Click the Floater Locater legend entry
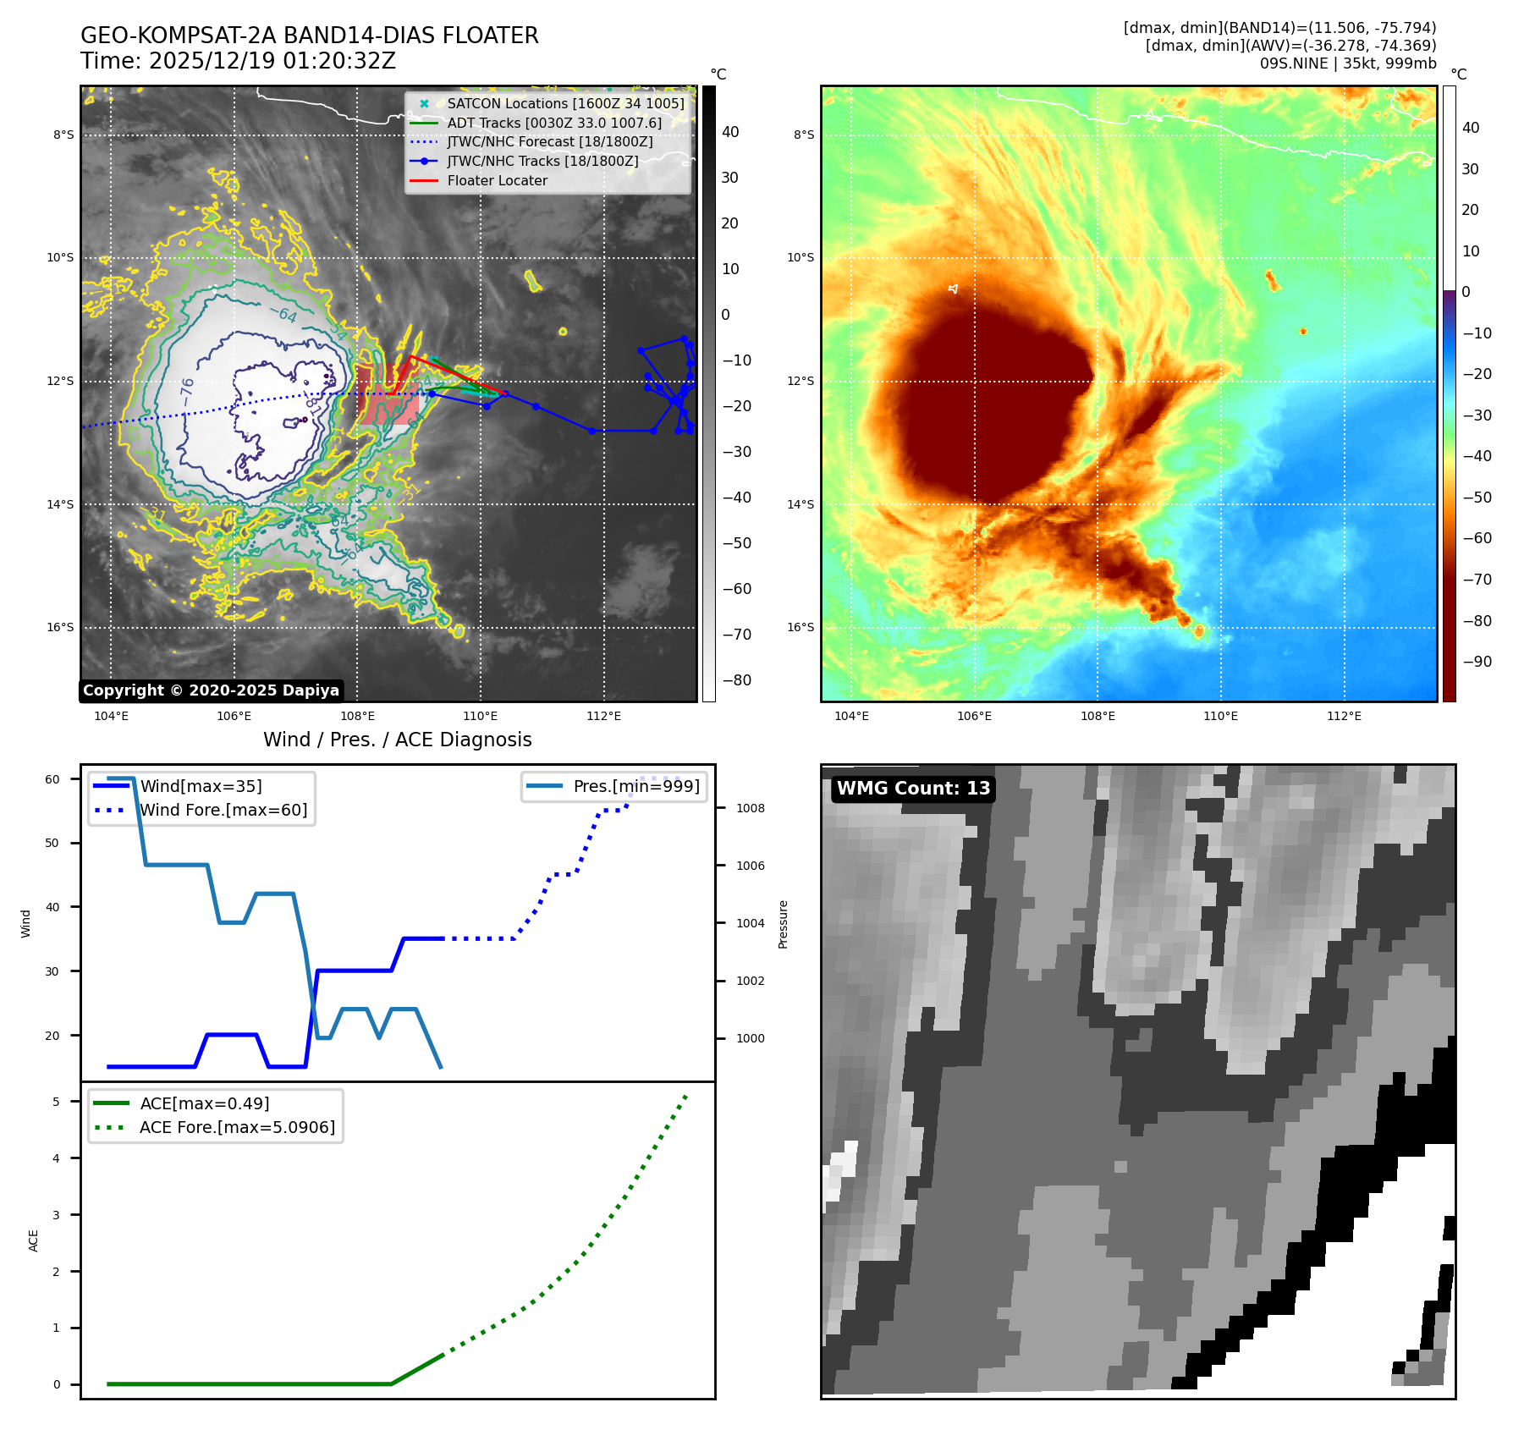(x=497, y=180)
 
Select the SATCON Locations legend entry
(x=565, y=103)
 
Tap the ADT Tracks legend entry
(x=554, y=123)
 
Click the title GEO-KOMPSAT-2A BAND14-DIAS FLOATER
(x=309, y=36)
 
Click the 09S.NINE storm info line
(x=1347, y=63)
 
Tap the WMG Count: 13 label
(x=913, y=789)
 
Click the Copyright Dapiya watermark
(x=211, y=690)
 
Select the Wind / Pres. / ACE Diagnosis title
(x=397, y=740)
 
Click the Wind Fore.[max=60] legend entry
(x=223, y=810)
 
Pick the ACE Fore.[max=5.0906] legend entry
(x=237, y=1127)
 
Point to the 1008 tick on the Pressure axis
(x=750, y=808)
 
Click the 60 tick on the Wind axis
(x=52, y=779)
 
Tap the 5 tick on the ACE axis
(x=56, y=1102)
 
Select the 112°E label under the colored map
(x=1344, y=716)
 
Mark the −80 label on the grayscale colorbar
(x=736, y=680)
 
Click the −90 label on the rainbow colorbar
(x=1477, y=662)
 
